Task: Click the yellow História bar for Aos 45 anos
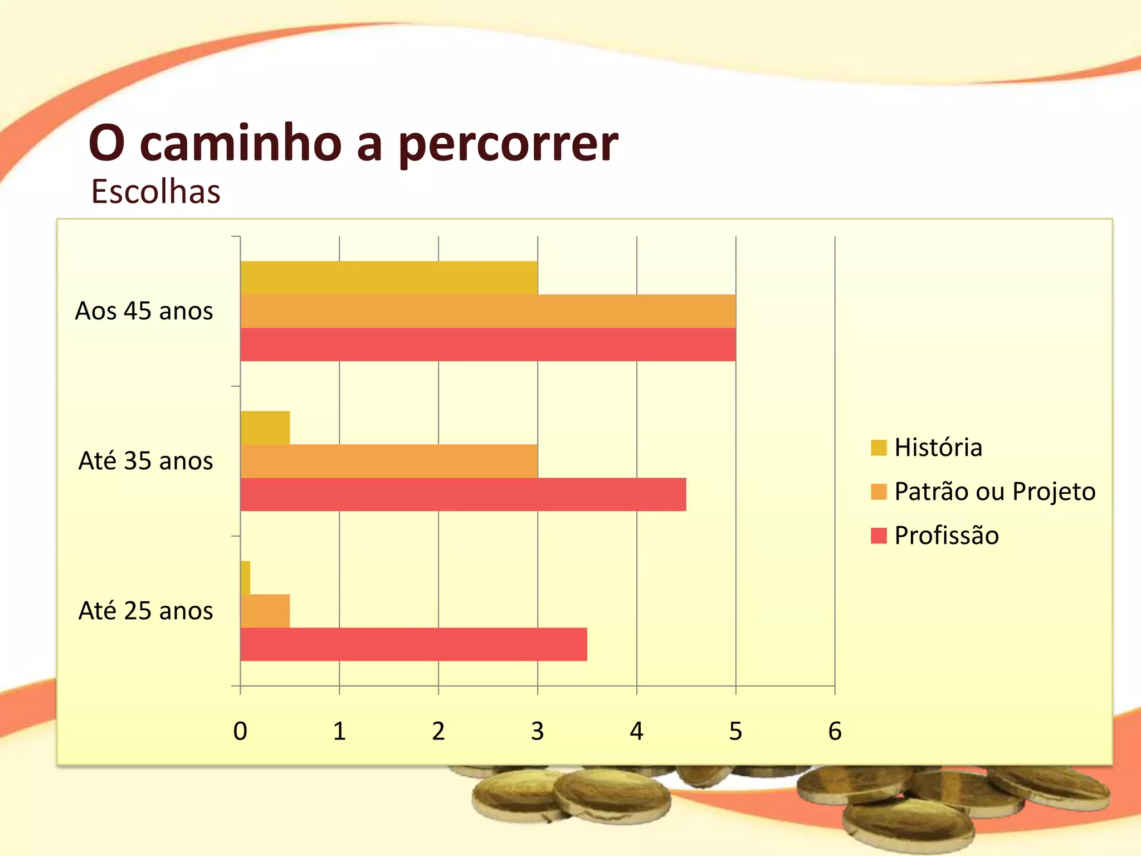[389, 278]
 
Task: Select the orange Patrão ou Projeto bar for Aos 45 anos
[488, 311]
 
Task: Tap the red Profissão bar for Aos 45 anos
[488, 344]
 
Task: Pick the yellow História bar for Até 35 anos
[265, 427]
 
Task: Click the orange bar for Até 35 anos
[389, 461]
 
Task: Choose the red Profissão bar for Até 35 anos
[463, 494]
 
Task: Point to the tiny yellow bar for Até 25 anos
[245, 577]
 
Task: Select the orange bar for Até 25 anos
[265, 611]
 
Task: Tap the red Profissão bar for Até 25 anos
[413, 644]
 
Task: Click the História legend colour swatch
[879, 448]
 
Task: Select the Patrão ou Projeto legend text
[995, 492]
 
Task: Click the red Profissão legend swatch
[879, 536]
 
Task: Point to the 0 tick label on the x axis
[240, 731]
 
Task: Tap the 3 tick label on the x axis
[538, 731]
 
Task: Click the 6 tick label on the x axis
[835, 731]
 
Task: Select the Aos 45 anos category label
[144, 311]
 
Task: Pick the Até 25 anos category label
[146, 611]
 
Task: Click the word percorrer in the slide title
[508, 144]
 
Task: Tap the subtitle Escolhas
[156, 192]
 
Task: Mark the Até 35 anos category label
[146, 461]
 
